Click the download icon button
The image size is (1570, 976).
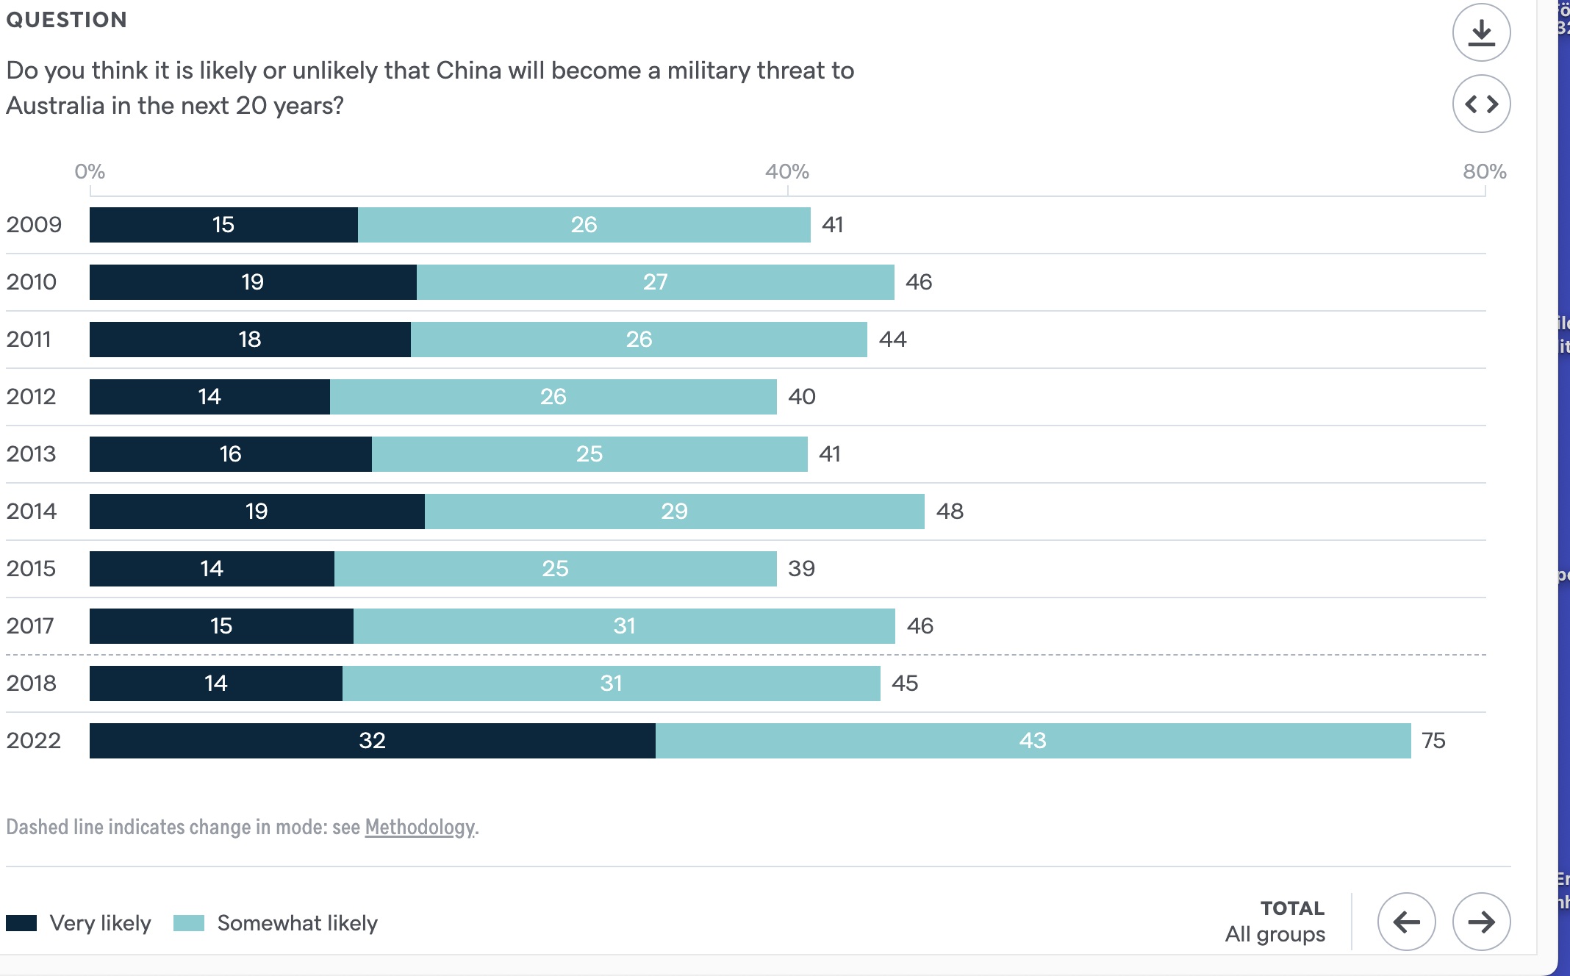click(x=1481, y=33)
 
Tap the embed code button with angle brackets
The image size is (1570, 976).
click(x=1481, y=104)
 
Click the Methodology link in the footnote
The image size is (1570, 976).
click(x=420, y=827)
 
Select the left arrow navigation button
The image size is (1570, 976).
click(x=1406, y=922)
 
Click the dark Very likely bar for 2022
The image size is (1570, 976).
click(x=372, y=741)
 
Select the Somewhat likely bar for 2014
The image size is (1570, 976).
click(x=674, y=512)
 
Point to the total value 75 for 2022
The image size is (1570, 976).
click(x=1433, y=741)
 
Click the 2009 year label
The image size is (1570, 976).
click(x=34, y=225)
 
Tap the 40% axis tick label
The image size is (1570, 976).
click(x=786, y=172)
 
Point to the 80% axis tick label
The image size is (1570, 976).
click(x=1484, y=172)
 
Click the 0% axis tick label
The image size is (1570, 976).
click(x=90, y=172)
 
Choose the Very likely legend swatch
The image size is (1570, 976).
click(x=21, y=923)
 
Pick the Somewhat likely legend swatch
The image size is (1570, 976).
click(x=189, y=923)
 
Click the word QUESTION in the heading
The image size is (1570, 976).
click(x=67, y=20)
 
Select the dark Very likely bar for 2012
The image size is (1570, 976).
click(x=209, y=397)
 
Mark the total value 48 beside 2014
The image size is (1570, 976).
click(x=950, y=512)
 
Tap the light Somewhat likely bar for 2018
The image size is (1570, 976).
click(x=611, y=683)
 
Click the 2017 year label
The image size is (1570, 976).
click(x=30, y=626)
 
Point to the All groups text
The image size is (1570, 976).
click(x=1275, y=934)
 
